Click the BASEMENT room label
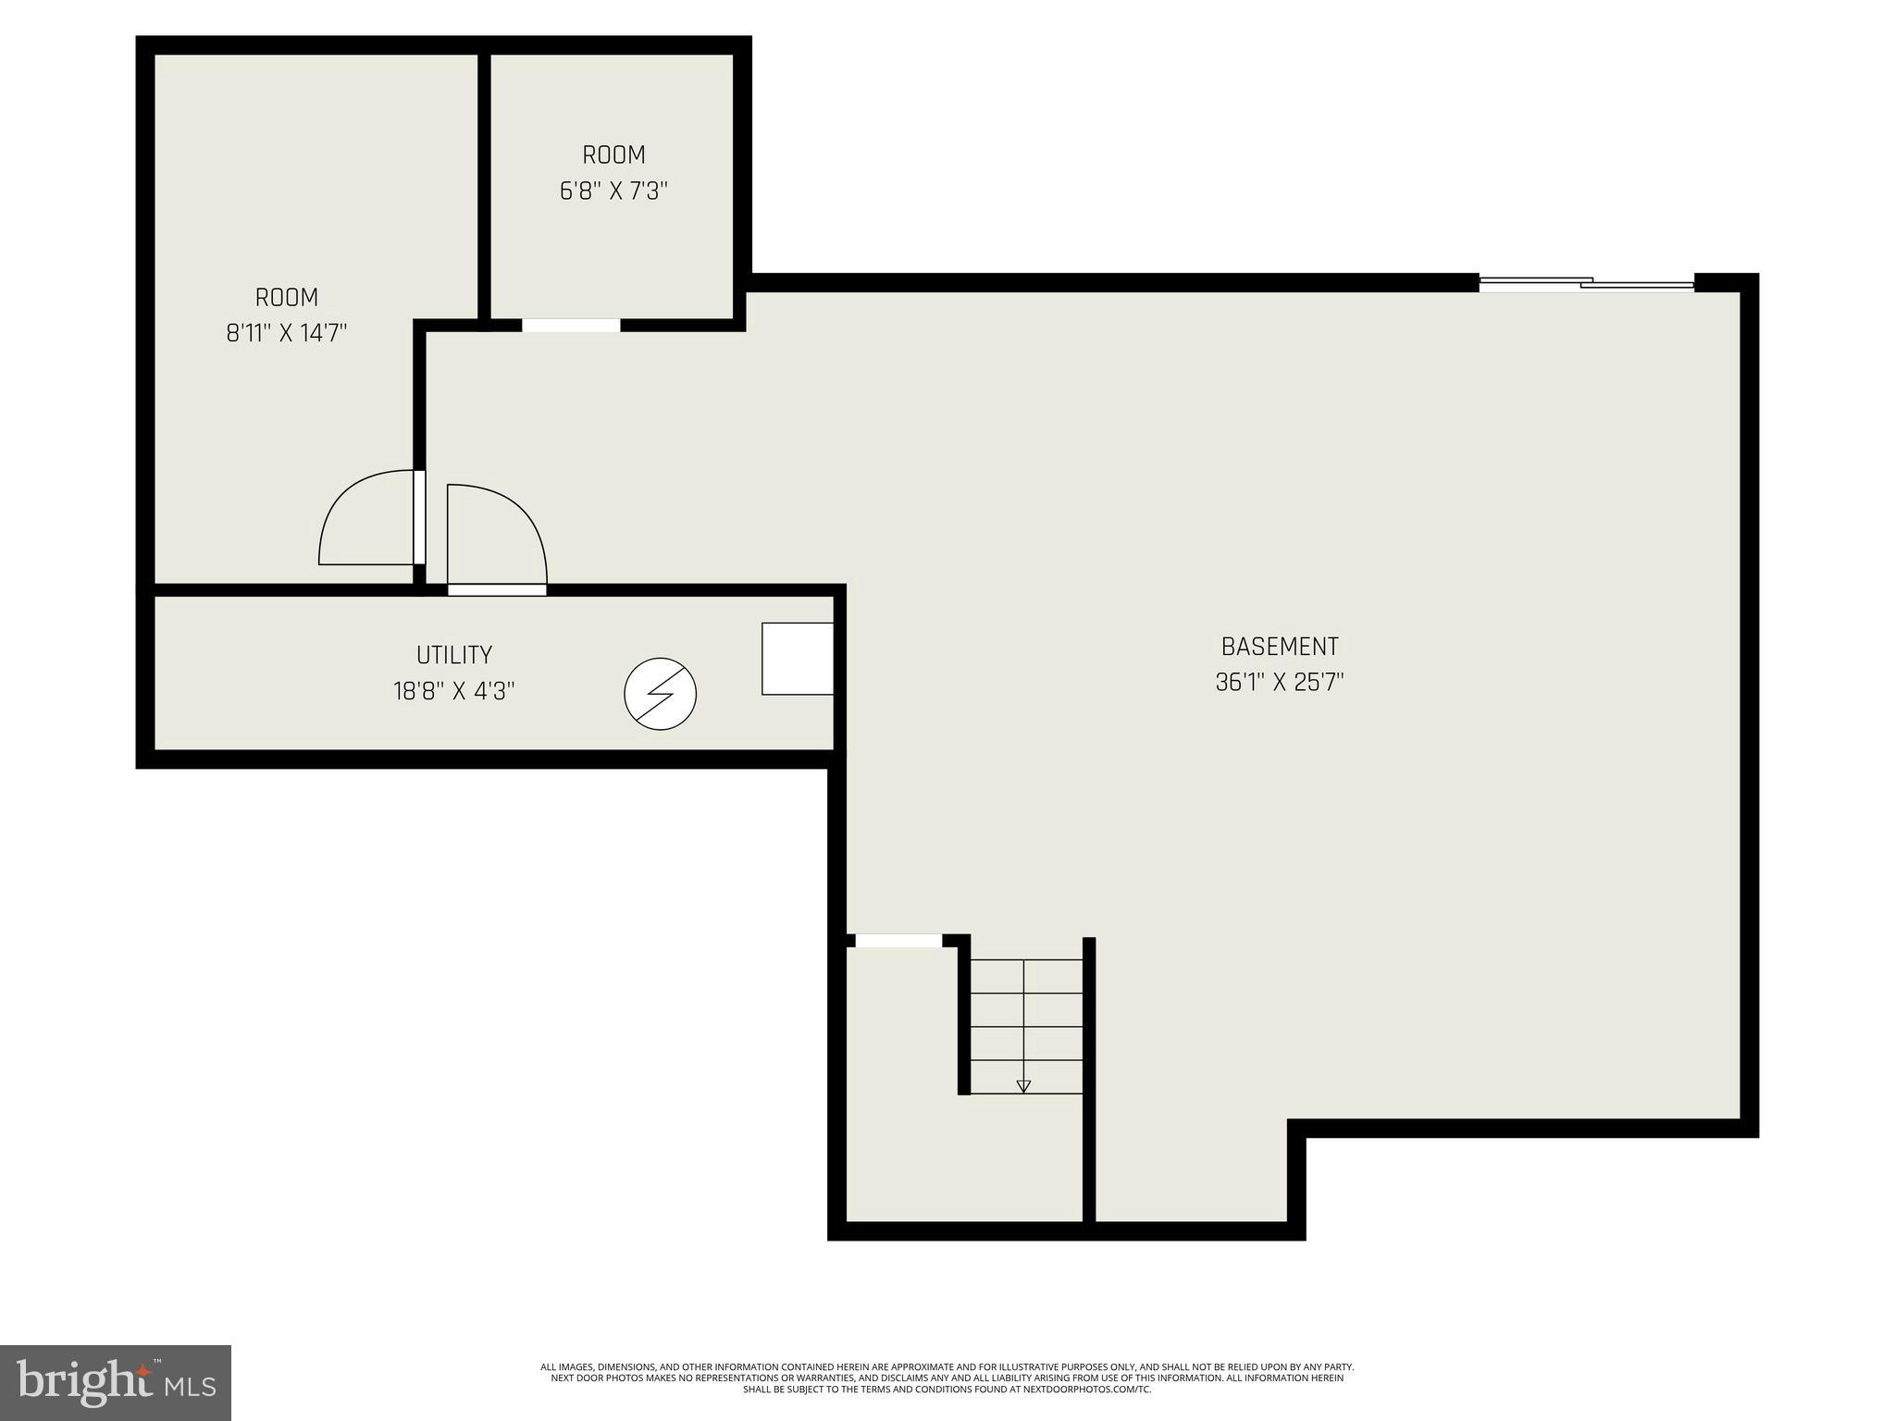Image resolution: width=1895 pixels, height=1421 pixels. [x=1279, y=646]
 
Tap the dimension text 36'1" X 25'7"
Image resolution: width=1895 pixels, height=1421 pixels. [x=1279, y=683]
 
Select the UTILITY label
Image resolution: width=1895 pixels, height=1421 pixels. [x=453, y=655]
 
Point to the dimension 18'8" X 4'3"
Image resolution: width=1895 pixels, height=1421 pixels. [x=453, y=691]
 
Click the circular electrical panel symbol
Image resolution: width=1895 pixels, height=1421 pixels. [x=660, y=694]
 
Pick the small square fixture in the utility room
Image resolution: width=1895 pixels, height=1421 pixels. [x=797, y=659]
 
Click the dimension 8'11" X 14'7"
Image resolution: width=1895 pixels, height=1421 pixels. [x=287, y=333]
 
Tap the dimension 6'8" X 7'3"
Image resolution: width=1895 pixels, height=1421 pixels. [x=613, y=192]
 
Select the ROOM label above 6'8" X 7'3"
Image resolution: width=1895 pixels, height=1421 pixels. [x=613, y=154]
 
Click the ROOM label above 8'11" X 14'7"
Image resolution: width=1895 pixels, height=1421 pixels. [x=287, y=298]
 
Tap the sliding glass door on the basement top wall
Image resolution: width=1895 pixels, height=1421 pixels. [x=1586, y=284]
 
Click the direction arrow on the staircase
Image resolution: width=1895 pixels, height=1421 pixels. [x=1023, y=1085]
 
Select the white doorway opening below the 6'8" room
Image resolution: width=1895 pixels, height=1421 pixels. [x=571, y=325]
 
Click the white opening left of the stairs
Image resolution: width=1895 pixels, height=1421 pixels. [x=898, y=941]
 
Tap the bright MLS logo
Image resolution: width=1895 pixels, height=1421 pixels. [x=116, y=1382]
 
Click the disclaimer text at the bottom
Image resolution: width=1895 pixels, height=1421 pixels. [x=947, y=1378]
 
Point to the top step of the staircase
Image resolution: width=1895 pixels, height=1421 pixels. [x=1025, y=976]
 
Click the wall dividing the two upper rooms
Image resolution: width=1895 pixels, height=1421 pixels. [x=483, y=185]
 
